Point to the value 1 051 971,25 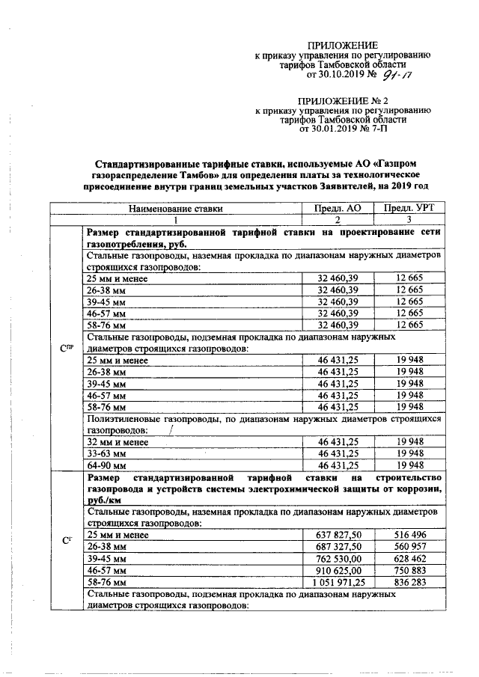pyautogui.click(x=338, y=581)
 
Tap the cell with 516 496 pyautogui.click(x=410, y=535)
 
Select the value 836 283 pyautogui.click(x=410, y=581)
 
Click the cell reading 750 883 pyautogui.click(x=410, y=569)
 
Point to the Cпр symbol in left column pyautogui.click(x=65, y=349)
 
